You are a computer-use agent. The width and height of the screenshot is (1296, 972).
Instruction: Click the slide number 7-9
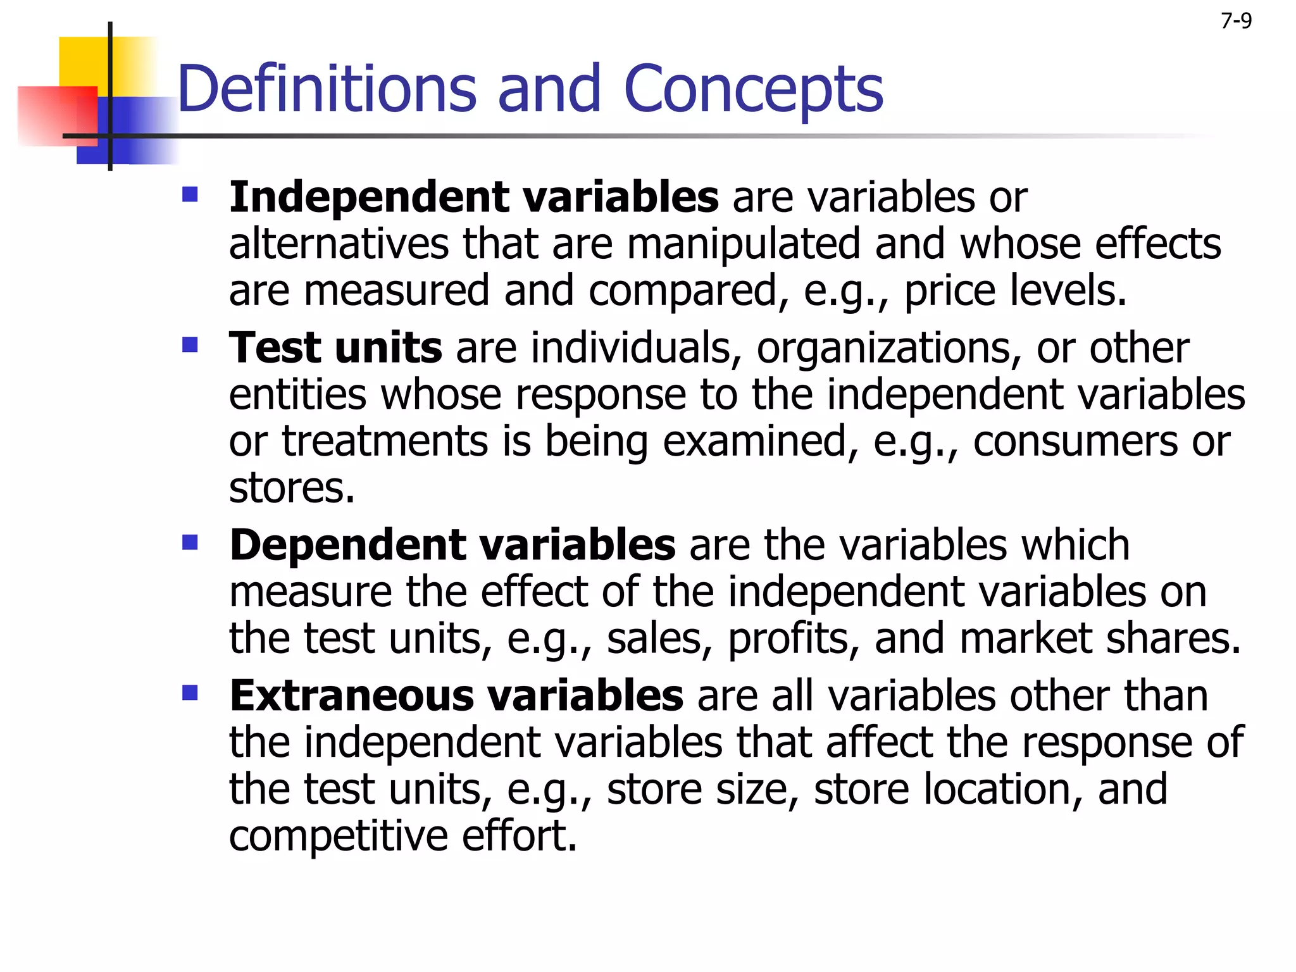click(1236, 22)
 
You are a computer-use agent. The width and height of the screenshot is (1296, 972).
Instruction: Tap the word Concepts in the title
click(753, 90)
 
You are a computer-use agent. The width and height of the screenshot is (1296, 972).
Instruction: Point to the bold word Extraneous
click(351, 695)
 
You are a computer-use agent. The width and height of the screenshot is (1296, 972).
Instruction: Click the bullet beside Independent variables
click(190, 194)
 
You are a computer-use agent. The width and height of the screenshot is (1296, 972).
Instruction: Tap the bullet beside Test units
click(190, 345)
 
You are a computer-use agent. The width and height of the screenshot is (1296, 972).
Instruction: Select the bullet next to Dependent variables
click(190, 542)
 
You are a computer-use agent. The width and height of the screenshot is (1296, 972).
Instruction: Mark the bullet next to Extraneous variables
click(190, 694)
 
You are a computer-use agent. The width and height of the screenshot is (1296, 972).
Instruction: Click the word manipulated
click(744, 244)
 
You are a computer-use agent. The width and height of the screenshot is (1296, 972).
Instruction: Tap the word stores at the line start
click(292, 488)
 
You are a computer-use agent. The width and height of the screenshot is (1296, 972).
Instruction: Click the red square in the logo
click(57, 116)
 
